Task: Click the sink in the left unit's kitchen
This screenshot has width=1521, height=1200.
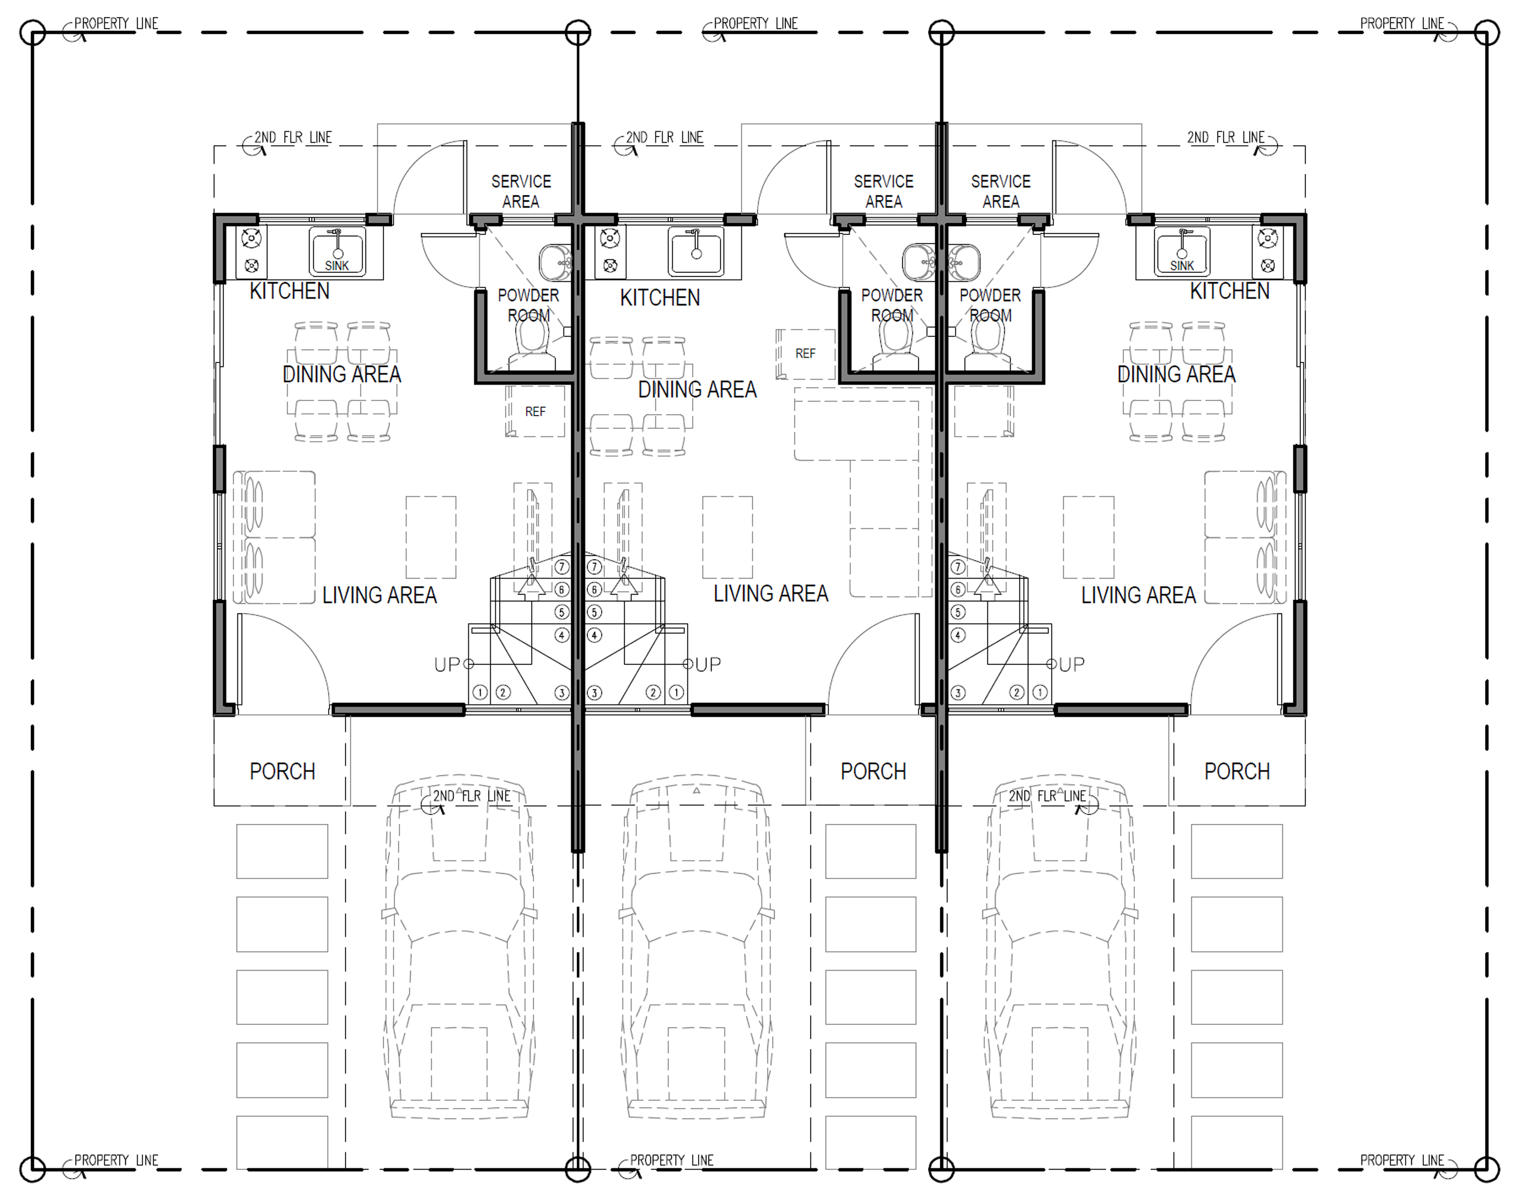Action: coord(337,251)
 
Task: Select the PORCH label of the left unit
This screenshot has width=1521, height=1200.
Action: coord(282,771)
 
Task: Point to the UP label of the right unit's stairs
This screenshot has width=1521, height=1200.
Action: coord(1071,664)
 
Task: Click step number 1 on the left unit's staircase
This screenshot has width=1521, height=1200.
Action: coord(480,693)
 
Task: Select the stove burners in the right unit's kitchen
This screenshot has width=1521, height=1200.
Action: coord(1267,252)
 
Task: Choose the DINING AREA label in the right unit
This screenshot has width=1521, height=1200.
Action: coord(1176,374)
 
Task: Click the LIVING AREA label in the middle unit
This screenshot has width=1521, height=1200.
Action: coord(771,594)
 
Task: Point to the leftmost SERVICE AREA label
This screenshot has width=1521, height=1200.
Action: coord(521,192)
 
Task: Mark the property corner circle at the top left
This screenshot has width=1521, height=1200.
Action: coord(32,32)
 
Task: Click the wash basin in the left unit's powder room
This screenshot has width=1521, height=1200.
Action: coord(555,262)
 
